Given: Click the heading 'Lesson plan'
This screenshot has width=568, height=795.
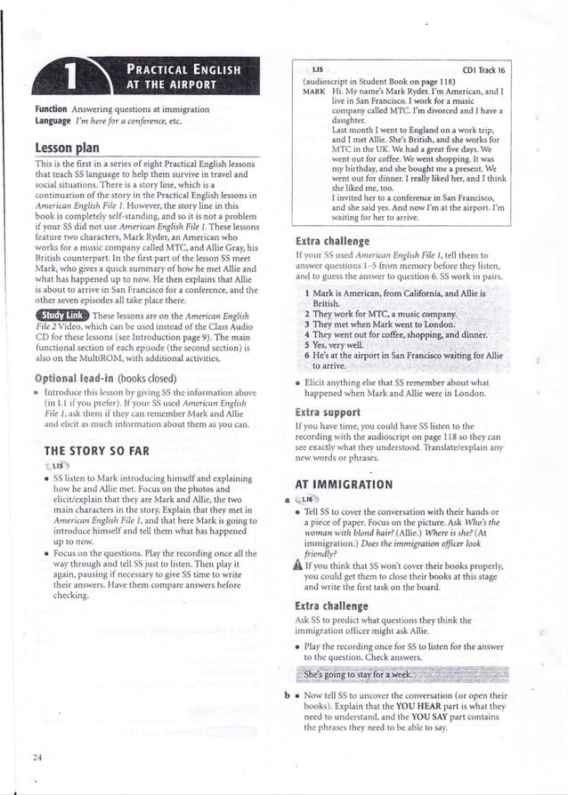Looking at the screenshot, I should (x=62, y=147).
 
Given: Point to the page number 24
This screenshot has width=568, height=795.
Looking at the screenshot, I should (x=37, y=757).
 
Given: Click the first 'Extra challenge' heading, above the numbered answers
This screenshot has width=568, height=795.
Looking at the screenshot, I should (x=331, y=241).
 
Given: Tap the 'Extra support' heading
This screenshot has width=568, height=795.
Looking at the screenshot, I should (x=326, y=413).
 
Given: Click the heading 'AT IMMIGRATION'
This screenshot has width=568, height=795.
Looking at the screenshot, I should (x=343, y=485).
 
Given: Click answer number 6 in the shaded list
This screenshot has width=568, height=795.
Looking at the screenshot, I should (x=306, y=355).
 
